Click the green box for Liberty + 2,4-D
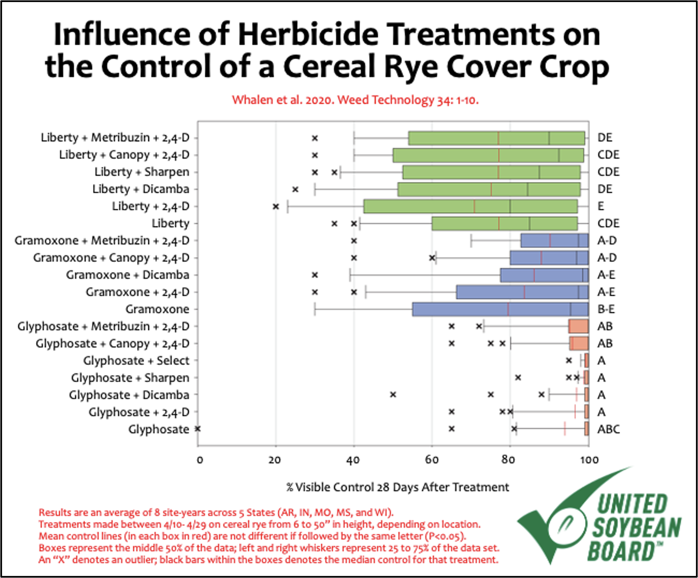470,206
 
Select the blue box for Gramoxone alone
500,309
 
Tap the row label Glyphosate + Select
136,361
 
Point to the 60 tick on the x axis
432,460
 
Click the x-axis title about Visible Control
397,487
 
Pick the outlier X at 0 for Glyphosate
198,429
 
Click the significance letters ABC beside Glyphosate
608,429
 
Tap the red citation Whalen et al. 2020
355,100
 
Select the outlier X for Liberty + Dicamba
295,189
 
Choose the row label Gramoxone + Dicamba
127,275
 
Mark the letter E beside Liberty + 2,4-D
601,206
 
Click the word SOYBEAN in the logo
636,527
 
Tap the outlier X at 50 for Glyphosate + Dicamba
393,395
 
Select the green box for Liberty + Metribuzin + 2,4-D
496,138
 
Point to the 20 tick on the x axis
275,460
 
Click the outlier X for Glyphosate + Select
569,361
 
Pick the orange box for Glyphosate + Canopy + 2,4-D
579,343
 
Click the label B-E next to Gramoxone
606,309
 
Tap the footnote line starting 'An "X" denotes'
268,560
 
